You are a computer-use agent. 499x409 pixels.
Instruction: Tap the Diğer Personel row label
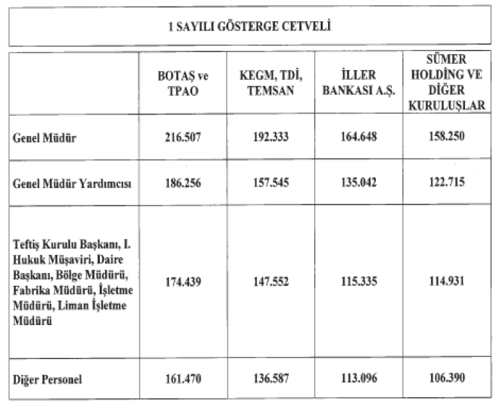[x=48, y=380]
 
